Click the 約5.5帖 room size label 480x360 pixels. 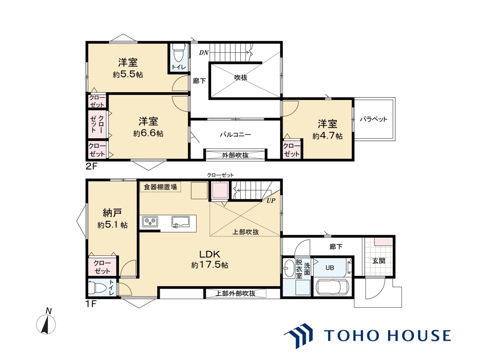128,75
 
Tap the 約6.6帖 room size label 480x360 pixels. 148,134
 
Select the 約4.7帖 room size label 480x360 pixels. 328,136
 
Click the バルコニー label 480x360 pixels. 235,135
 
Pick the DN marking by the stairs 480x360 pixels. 204,52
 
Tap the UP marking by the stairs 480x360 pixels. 271,201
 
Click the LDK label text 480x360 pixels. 210,254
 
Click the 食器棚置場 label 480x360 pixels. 161,187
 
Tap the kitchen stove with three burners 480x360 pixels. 150,221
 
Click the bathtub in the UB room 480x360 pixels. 334,288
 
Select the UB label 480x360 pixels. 330,267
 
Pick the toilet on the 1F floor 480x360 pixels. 99,289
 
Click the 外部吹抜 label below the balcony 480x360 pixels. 235,155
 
